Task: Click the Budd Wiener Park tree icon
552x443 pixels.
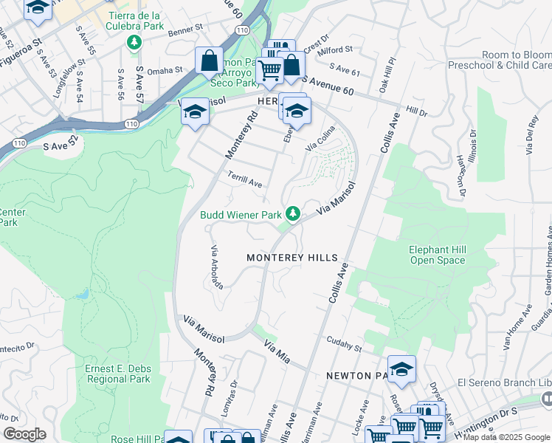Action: [293, 214]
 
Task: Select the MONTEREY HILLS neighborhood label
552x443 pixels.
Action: [292, 258]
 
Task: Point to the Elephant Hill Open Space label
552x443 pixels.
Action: [438, 255]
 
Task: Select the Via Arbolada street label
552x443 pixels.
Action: [217, 267]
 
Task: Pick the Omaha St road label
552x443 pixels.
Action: [164, 70]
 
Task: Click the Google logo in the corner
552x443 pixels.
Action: [24, 434]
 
